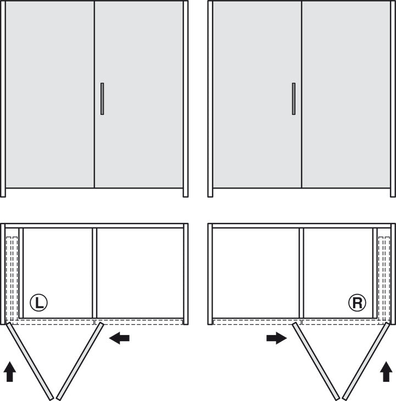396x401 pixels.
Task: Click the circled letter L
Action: (38, 303)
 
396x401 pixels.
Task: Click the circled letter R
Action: (357, 303)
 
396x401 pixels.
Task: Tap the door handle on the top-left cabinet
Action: (102, 99)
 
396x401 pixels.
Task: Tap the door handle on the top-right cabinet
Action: (294, 99)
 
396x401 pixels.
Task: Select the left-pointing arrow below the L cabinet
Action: (119, 338)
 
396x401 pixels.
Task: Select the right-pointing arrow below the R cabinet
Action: (277, 338)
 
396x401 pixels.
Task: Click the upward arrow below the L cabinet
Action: (10, 371)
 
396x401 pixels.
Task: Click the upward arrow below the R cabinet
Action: (386, 371)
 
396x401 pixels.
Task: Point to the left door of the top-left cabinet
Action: (50, 94)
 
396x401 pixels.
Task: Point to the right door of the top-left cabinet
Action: (139, 94)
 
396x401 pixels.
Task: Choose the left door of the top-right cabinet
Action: (257, 94)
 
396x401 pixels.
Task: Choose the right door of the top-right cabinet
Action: (346, 94)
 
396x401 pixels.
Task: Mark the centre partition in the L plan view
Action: (94, 273)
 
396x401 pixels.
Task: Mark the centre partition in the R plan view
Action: (302, 273)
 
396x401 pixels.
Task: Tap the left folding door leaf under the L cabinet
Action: (30, 361)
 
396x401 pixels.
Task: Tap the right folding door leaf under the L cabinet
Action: (80, 361)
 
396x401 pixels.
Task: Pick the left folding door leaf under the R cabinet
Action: (316, 361)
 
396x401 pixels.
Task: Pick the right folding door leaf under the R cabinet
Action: (366, 361)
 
